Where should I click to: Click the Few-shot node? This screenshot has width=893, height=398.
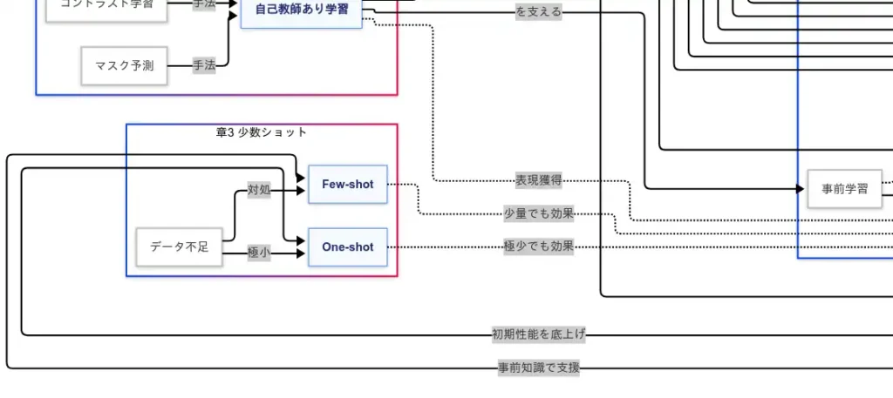347,184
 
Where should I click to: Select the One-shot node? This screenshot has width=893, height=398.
347,247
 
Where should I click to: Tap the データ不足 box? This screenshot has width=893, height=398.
179,247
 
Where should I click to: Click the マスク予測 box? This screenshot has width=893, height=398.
124,66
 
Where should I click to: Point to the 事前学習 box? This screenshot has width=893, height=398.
844,189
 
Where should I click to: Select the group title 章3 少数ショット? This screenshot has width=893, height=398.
262,132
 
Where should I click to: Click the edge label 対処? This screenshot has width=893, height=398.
259,190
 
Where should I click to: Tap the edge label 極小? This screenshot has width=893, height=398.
259,253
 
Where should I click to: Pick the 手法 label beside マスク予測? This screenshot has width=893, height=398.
204,65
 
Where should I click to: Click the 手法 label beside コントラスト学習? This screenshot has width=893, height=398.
204,4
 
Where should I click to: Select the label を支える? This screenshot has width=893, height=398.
539,12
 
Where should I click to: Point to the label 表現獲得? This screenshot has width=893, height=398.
538,181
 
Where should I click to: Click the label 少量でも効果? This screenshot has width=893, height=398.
539,214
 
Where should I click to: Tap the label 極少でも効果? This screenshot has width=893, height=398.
539,246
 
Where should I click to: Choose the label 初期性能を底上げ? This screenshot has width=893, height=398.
539,334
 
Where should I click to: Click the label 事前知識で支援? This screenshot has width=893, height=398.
539,368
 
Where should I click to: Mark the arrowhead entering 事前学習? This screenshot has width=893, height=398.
801,189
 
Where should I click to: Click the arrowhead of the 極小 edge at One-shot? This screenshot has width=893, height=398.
303,253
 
